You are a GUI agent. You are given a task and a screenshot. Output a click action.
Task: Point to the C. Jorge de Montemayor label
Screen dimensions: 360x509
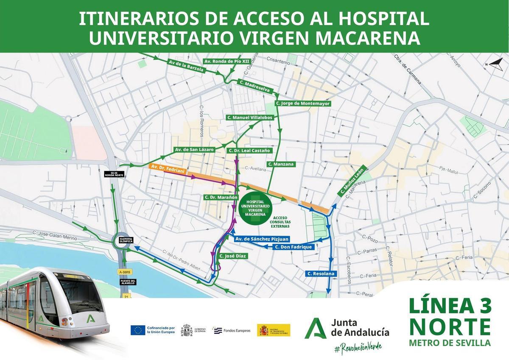coord(302,103)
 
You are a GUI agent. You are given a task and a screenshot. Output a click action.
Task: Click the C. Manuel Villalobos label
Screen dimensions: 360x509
coord(249,117)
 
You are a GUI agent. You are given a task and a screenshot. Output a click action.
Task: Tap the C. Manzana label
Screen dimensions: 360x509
coord(281,164)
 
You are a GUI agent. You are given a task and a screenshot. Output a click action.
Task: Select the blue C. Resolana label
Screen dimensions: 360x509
coord(321,274)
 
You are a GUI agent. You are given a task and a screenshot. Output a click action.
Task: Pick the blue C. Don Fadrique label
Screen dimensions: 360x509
coord(294,247)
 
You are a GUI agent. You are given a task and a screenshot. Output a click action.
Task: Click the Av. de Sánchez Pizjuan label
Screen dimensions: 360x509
coord(258,239)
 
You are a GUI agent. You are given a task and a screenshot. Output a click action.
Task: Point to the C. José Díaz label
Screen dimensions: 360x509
coord(233,256)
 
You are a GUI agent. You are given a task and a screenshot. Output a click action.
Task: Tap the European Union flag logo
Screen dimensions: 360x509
coord(138,330)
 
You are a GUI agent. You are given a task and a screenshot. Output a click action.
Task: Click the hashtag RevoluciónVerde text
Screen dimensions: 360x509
coord(358,346)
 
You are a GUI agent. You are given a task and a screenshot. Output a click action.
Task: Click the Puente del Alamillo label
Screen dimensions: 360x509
coord(127,282)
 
